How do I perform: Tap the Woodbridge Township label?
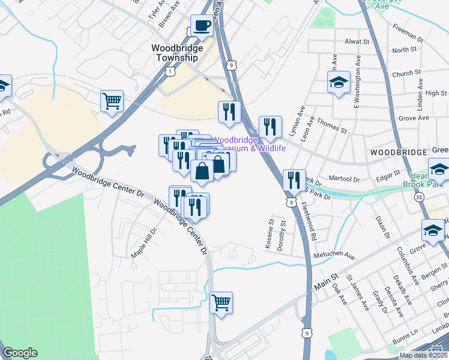pyautogui.click(x=175, y=53)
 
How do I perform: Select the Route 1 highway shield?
pyautogui.click(x=171, y=71)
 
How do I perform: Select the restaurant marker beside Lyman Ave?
pyautogui.click(x=270, y=127)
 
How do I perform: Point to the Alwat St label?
pyautogui.click(x=357, y=42)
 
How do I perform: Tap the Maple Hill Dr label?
pyautogui.click(x=144, y=242)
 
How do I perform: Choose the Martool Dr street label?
pyautogui.click(x=344, y=179)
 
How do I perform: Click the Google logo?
pyautogui.click(x=20, y=353)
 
